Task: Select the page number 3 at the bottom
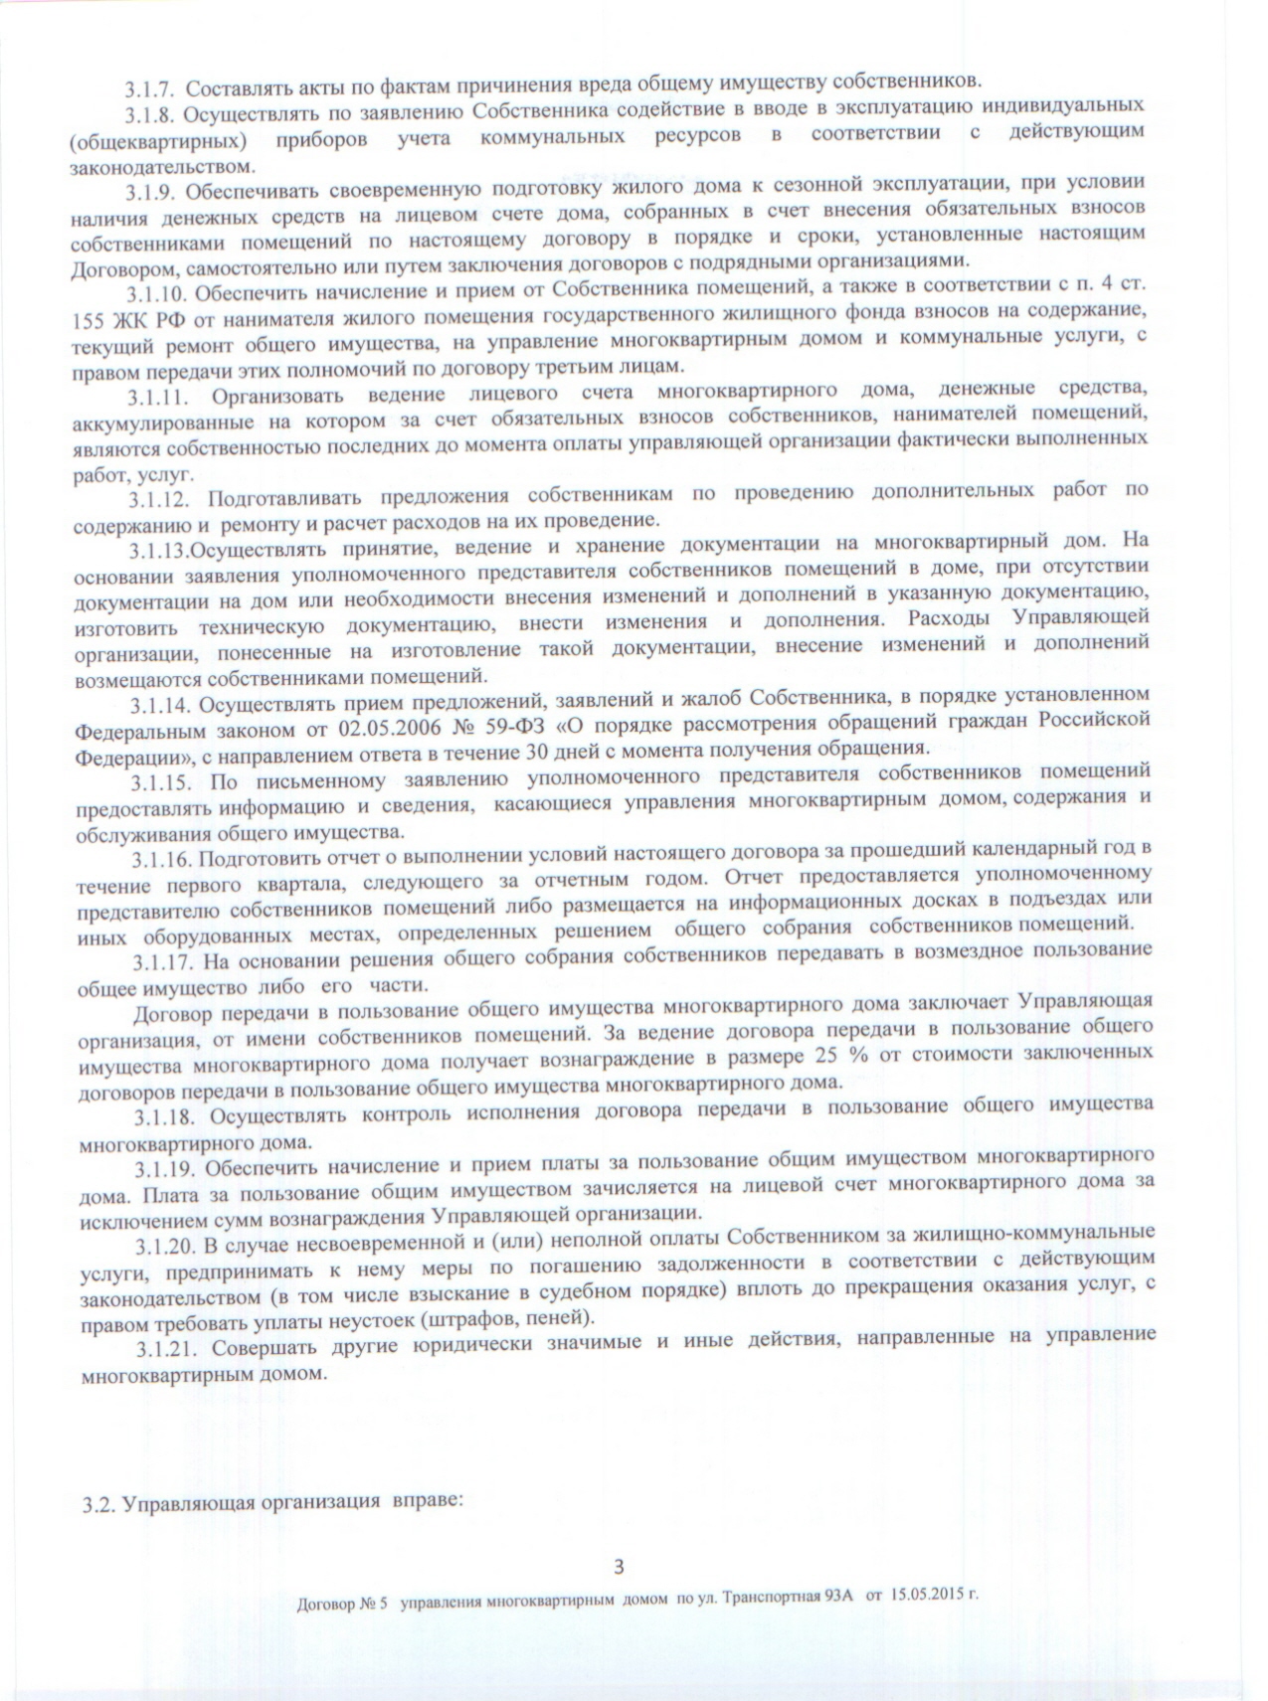click(619, 1568)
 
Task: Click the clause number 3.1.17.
click(164, 962)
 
